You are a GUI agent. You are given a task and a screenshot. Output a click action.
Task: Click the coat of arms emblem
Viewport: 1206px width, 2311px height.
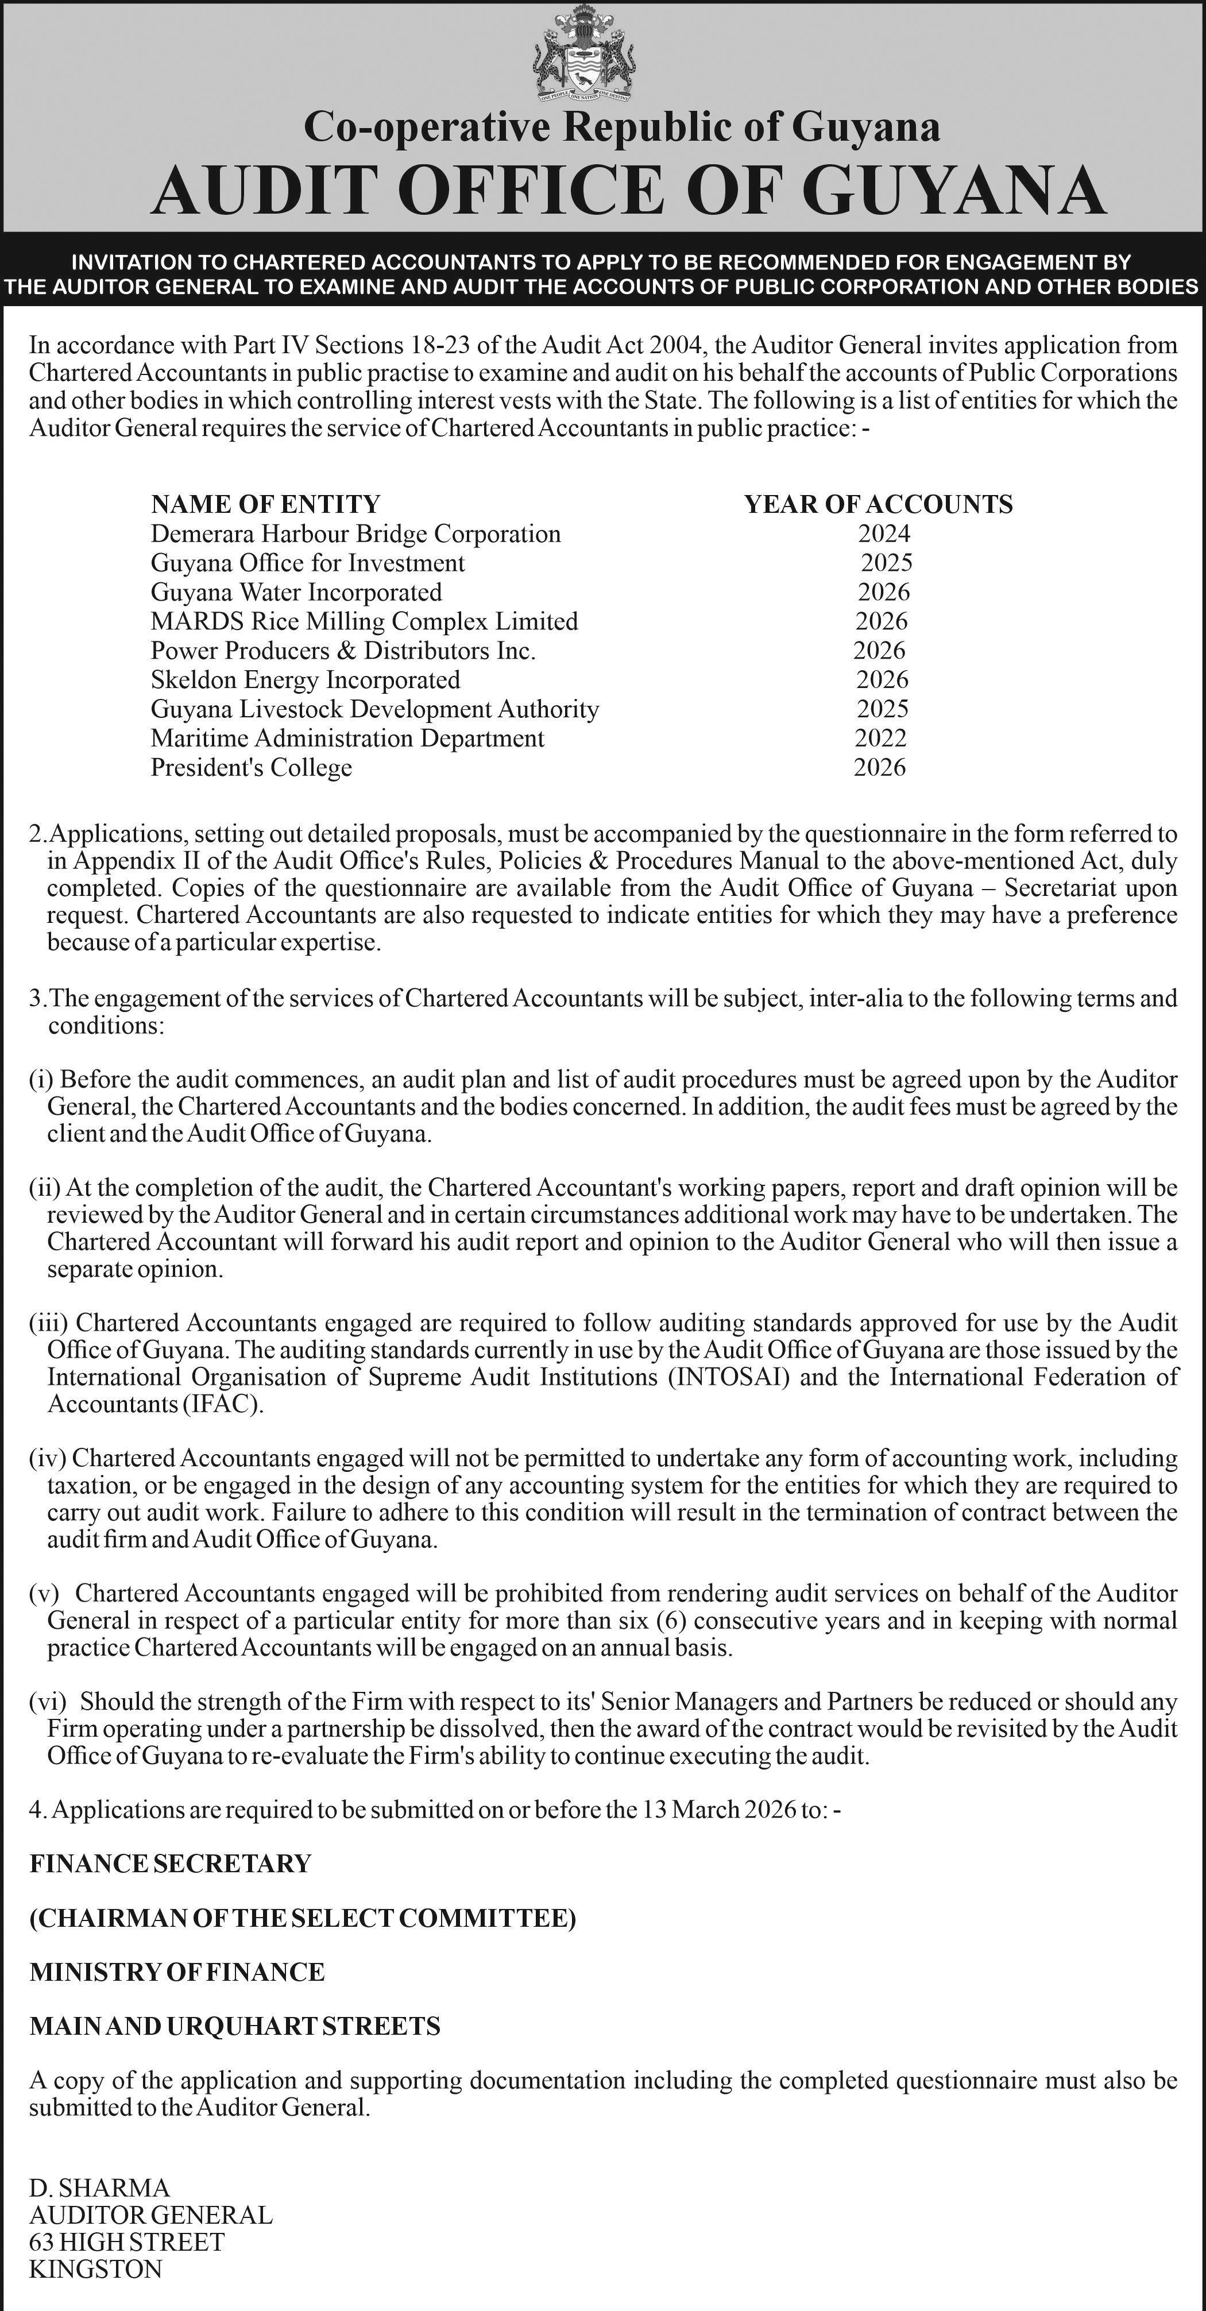(x=587, y=55)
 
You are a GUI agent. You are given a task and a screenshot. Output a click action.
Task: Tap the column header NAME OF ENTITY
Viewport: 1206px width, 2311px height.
(x=265, y=504)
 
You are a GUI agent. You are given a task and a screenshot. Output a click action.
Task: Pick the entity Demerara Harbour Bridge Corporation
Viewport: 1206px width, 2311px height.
(x=355, y=534)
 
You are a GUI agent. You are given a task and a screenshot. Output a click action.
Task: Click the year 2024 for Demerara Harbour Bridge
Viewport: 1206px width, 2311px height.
(x=884, y=534)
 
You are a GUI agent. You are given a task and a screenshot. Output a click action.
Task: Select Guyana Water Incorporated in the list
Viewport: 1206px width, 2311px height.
(x=296, y=592)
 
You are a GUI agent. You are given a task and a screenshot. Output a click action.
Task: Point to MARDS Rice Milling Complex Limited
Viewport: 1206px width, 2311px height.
(x=364, y=621)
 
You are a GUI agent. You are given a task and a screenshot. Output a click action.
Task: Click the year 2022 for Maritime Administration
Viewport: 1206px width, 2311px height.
(x=880, y=737)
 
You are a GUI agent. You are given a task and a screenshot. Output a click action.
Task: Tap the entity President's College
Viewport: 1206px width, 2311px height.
(x=252, y=767)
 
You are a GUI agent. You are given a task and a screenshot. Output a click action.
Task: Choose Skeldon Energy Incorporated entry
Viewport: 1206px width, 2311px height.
(x=305, y=679)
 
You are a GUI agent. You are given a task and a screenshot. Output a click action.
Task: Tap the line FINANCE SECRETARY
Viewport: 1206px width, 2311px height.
(x=171, y=1864)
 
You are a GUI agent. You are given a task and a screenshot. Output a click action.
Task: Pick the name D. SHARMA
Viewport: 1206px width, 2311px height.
(x=99, y=2188)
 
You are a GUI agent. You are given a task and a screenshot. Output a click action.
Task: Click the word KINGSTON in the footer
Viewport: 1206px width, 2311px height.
(x=96, y=2269)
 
